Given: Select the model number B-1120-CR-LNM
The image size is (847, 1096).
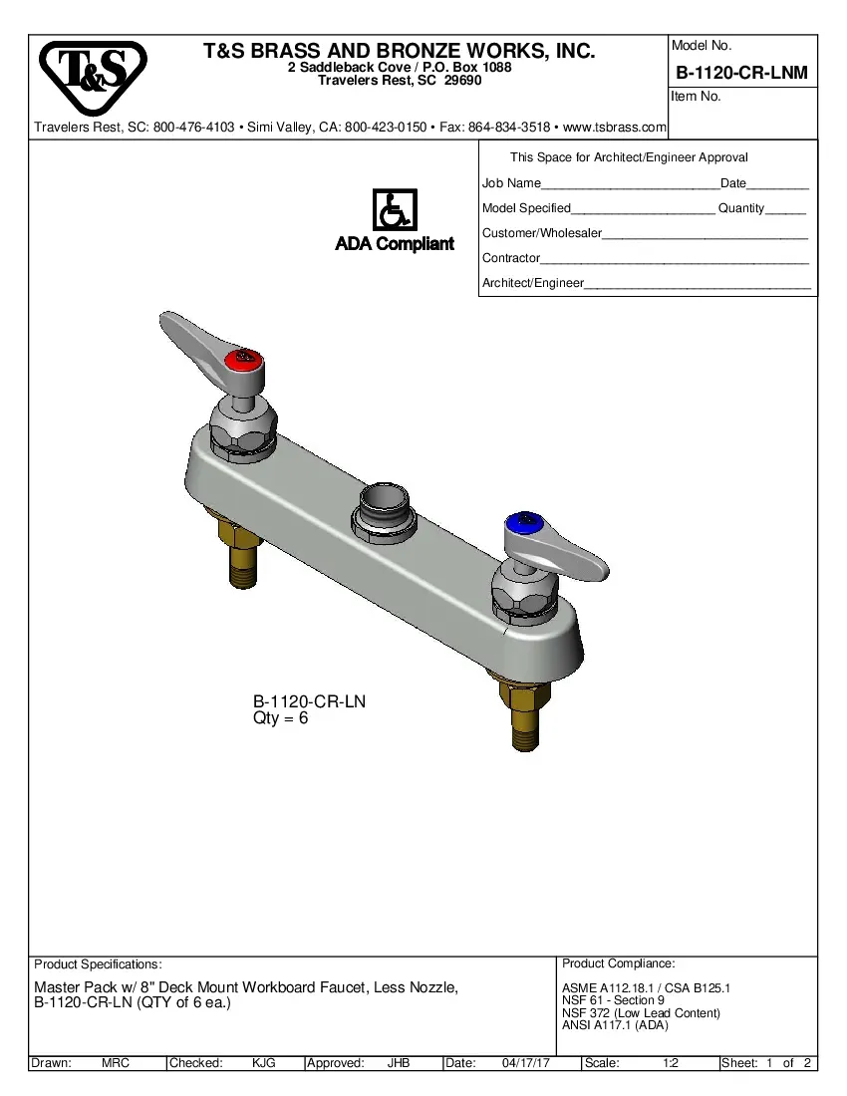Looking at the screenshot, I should (x=741, y=73).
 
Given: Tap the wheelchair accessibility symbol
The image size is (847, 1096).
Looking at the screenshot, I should (x=394, y=210).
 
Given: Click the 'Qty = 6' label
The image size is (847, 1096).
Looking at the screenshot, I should (x=281, y=718).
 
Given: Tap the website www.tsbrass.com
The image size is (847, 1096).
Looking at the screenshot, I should (x=615, y=128).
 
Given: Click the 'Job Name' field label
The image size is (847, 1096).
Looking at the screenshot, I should (x=511, y=183).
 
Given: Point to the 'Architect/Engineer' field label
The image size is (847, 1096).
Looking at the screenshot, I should (x=532, y=283).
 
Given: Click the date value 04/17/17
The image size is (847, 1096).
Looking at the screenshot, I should (x=527, y=1063).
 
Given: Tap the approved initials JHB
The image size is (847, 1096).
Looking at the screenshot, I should (x=399, y=1063).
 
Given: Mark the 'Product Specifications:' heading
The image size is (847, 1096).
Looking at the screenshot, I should (x=98, y=964).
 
